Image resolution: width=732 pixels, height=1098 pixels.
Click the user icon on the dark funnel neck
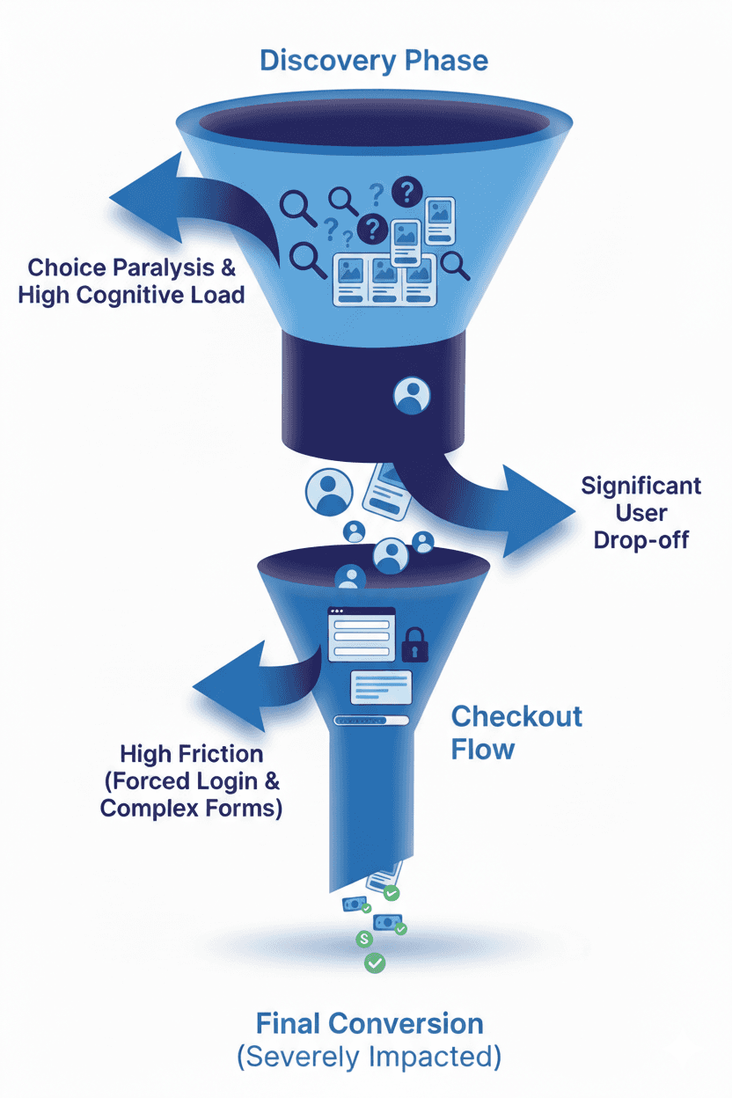tap(411, 396)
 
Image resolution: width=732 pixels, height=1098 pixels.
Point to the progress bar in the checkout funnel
tap(372, 721)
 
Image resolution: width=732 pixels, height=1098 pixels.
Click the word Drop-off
tap(641, 540)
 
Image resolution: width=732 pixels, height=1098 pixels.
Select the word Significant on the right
tap(641, 486)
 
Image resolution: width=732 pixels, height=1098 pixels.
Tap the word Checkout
tap(516, 716)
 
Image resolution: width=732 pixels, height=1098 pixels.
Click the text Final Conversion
tap(370, 1024)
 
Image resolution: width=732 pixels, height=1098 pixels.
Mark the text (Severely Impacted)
tap(370, 1057)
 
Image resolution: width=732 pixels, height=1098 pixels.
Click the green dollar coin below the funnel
tap(363, 940)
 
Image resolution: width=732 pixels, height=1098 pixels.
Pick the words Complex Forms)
tap(192, 809)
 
